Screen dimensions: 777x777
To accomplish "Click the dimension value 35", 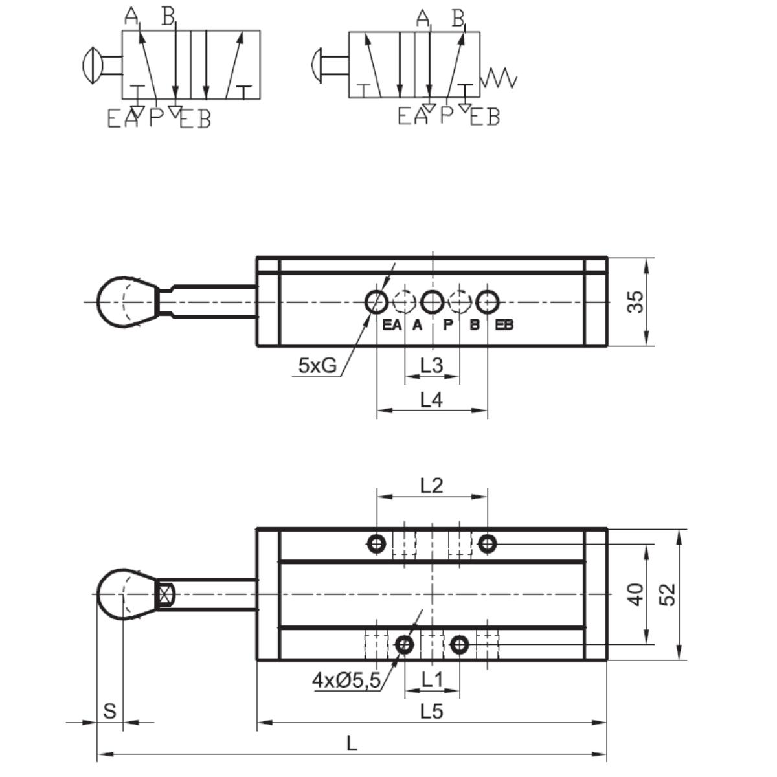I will click(637, 302).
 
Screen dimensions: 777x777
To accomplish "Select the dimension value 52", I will click(668, 594).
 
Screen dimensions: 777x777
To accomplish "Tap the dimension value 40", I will click(637, 594).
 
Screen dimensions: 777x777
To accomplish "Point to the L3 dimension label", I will click(431, 365).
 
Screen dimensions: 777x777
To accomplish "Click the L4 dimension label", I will click(431, 400).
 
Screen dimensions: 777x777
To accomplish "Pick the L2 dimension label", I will click(431, 484).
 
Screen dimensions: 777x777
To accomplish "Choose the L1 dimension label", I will click(432, 679).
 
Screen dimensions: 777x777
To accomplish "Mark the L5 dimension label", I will click(431, 711).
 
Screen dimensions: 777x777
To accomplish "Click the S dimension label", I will click(110, 710).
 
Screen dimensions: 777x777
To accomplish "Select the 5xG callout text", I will click(317, 366).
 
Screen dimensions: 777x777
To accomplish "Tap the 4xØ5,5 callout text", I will click(346, 680).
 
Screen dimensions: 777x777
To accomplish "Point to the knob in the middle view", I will click(126, 302).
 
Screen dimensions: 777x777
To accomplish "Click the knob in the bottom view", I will click(126, 594).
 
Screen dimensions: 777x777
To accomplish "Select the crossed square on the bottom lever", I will click(166, 594).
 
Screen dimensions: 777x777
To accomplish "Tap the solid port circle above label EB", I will click(488, 302).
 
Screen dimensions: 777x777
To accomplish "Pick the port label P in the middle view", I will click(447, 325).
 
